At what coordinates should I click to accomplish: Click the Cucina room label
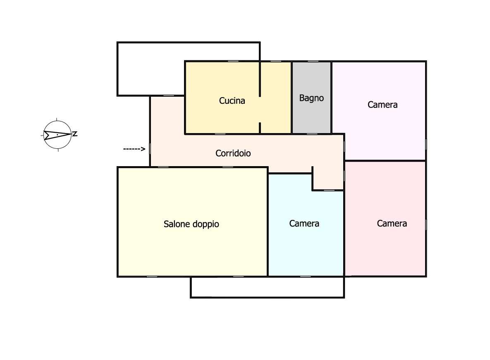(232, 100)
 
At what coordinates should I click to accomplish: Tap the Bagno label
(311, 98)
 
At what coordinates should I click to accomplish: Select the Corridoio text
(233, 153)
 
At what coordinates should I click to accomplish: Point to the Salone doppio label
(191, 224)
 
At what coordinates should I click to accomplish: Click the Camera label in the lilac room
(382, 105)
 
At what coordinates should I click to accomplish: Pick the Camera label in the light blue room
(304, 224)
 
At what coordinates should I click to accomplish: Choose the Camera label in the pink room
(392, 224)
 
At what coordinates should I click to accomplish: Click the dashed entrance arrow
(134, 149)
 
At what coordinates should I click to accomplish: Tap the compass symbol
(57, 135)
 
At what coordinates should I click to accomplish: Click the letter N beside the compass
(75, 134)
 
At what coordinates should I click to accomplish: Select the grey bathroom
(311, 98)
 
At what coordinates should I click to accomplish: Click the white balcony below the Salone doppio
(268, 287)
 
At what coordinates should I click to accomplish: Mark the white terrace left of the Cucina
(151, 69)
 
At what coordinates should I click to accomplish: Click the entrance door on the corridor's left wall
(150, 149)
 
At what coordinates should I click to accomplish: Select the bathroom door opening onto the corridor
(312, 134)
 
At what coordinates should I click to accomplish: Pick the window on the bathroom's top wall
(313, 61)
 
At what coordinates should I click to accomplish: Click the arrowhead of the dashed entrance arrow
(143, 149)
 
